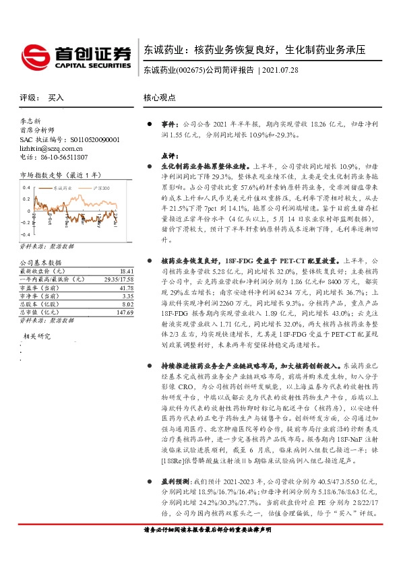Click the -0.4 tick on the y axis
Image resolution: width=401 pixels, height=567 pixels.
25,222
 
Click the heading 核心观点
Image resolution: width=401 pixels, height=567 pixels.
159,98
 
